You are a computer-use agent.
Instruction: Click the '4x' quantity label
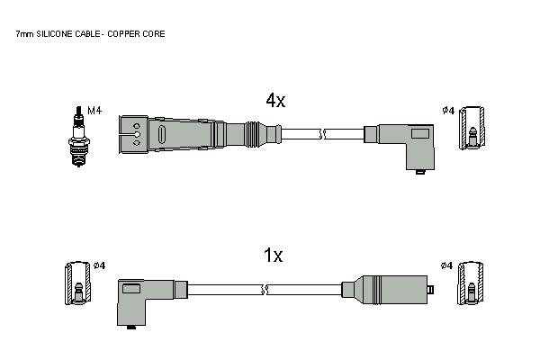click(x=275, y=100)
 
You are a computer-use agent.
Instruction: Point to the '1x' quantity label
click(x=273, y=256)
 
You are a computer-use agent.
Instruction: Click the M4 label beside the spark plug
click(x=94, y=111)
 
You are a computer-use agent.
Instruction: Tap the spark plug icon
click(x=79, y=137)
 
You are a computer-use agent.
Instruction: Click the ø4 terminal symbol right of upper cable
click(x=472, y=128)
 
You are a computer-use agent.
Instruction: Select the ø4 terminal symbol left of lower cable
click(x=78, y=283)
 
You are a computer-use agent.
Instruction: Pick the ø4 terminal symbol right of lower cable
click(x=470, y=283)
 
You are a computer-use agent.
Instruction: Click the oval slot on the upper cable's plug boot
click(x=162, y=134)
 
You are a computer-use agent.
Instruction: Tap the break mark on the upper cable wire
click(x=323, y=134)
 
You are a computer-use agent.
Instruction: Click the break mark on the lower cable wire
click(x=265, y=290)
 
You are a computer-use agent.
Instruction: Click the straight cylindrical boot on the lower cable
click(x=387, y=290)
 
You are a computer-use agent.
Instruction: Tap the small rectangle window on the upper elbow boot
click(x=420, y=133)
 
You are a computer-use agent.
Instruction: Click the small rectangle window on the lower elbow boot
click(x=131, y=288)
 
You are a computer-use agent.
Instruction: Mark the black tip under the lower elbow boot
click(x=130, y=327)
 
